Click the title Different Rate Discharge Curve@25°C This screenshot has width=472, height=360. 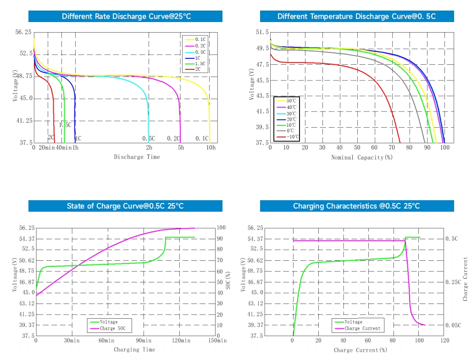[126, 17]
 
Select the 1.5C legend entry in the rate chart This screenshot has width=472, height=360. [200, 63]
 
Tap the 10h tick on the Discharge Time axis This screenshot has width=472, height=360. [211, 147]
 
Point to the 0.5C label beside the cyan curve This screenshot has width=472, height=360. [149, 138]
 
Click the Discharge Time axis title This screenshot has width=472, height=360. [137, 157]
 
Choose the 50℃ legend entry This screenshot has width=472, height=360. [291, 101]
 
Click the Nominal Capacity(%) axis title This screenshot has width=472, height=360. [362, 157]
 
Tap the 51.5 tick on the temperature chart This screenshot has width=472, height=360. [262, 32]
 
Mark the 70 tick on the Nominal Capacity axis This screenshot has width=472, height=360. [392, 147]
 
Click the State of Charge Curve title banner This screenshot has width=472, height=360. [126, 206]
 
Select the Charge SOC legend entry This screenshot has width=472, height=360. [115, 328]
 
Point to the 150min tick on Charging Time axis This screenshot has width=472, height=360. [217, 341]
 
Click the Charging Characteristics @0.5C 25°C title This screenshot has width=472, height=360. [356, 206]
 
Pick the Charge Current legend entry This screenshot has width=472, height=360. [362, 328]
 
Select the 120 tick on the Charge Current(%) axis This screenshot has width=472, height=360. [444, 341]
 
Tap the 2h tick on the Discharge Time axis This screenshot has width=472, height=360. [149, 147]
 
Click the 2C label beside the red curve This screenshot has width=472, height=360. [51, 137]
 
